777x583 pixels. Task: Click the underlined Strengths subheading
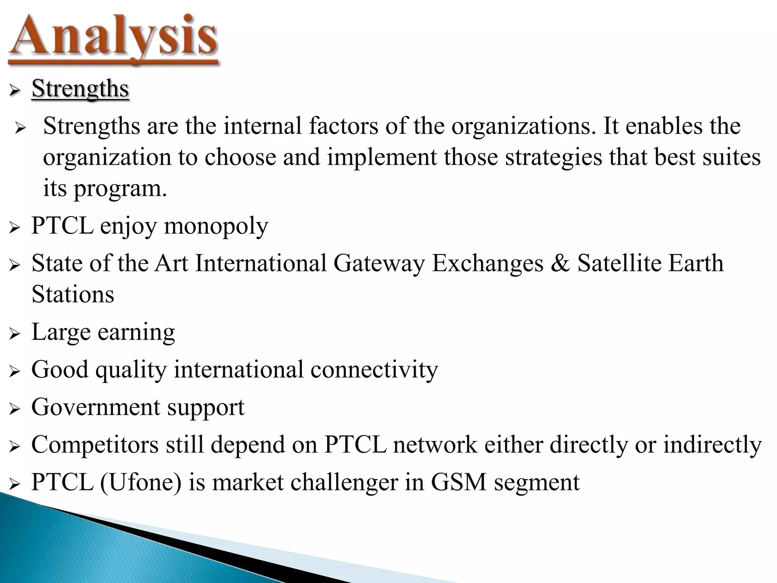pyautogui.click(x=80, y=89)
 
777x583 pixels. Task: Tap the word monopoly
pyautogui.click(x=216, y=226)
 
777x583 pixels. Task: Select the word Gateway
pyautogui.click(x=379, y=263)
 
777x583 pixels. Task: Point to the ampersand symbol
pyautogui.click(x=560, y=263)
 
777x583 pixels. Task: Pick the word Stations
pyautogui.click(x=73, y=294)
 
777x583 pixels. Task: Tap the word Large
pyautogui.click(x=61, y=332)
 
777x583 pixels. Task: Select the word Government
pyautogui.click(x=96, y=407)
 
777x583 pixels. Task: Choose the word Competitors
pyautogui.click(x=95, y=444)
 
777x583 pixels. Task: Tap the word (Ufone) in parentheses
pyautogui.click(x=141, y=482)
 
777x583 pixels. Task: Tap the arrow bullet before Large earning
pyautogui.click(x=14, y=334)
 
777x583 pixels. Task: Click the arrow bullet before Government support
pyautogui.click(x=14, y=409)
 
